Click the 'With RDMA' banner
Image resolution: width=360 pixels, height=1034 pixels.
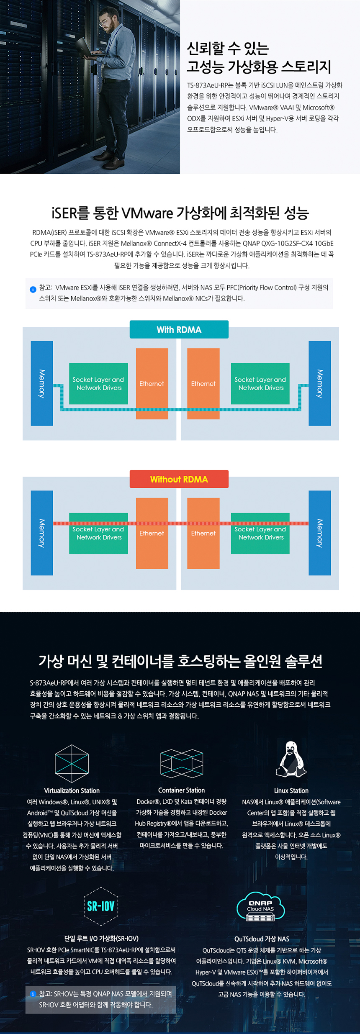[x=179, y=329]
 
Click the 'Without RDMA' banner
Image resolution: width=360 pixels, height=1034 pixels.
[x=179, y=479]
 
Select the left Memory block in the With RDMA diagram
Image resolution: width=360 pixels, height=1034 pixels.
[x=42, y=383]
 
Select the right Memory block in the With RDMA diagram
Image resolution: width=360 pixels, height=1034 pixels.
[x=319, y=383]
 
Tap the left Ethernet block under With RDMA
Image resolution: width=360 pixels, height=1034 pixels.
[x=152, y=383]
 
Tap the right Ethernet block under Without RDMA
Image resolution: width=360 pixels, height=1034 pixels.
[x=203, y=533]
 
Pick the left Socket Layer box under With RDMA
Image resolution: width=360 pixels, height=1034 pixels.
[x=98, y=383]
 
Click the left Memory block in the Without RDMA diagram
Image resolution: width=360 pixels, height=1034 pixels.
[x=42, y=533]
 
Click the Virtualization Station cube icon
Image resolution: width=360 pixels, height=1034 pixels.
[x=72, y=763]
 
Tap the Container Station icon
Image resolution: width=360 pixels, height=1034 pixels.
[x=182, y=763]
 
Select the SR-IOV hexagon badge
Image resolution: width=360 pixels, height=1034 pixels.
[x=101, y=906]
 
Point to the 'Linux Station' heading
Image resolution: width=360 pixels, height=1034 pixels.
[x=291, y=790]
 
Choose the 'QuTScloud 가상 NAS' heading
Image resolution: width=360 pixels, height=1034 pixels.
[x=262, y=939]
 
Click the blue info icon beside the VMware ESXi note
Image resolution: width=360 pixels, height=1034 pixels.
[x=33, y=289]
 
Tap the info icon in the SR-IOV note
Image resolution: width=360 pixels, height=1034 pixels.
[x=33, y=994]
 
